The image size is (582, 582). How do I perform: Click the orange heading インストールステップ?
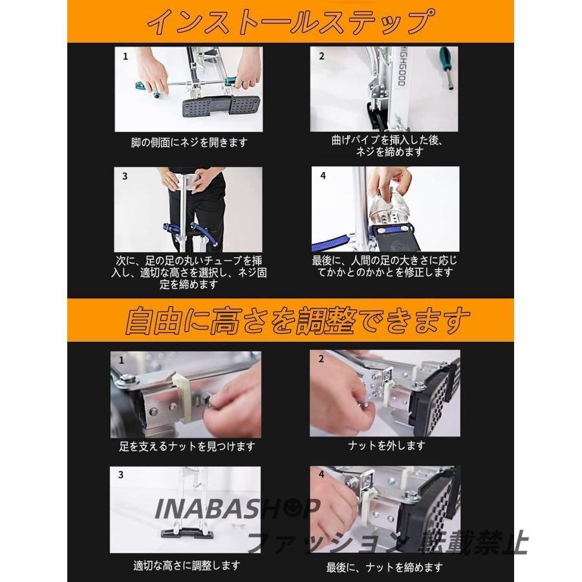pos(292,21)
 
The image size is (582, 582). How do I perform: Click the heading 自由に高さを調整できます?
pos(297,320)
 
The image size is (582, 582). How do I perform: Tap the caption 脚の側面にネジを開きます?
pos(189,142)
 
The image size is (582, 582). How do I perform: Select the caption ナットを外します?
pos(387,445)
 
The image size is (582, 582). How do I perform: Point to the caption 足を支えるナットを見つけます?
pos(187,446)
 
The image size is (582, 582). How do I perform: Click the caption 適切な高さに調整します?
pos(187,566)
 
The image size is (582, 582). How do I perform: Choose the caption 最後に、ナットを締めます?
pos(385,567)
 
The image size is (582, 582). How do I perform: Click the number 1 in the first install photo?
pos(125,56)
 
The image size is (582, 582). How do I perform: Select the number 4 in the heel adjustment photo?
pos(323,175)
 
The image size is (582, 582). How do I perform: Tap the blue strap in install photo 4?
pos(330,240)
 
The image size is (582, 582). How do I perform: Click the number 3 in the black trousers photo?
pos(125,176)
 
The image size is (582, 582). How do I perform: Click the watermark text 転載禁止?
pos(473,543)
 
